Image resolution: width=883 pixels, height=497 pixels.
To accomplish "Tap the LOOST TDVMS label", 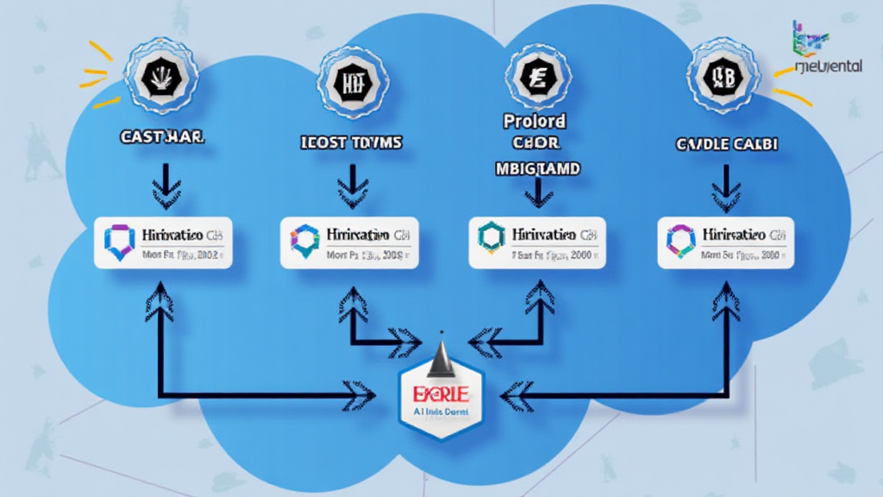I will click(353, 142).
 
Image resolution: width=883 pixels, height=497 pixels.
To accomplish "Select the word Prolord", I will click(535, 122).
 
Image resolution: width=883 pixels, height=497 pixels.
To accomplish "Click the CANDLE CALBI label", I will click(726, 144).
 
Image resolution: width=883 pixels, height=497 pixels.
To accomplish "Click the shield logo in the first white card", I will click(119, 242).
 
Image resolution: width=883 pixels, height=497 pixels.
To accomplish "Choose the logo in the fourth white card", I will click(681, 241).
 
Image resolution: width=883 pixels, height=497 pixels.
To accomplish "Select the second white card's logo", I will click(305, 242).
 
